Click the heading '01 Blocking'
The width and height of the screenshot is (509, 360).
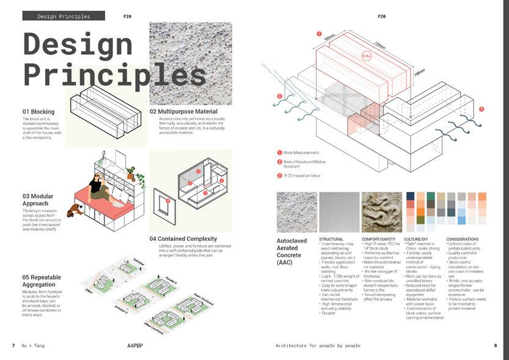(x=38, y=112)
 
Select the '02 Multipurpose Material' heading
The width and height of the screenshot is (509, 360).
(x=183, y=112)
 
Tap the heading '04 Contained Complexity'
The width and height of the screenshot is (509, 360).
(x=183, y=238)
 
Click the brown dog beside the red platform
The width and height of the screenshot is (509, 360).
(x=76, y=210)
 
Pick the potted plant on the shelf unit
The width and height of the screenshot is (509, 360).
(x=130, y=172)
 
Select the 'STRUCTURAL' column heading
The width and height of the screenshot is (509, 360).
(x=331, y=239)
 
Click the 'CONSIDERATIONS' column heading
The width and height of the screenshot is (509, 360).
(x=463, y=239)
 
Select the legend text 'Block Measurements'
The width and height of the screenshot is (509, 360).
(x=301, y=152)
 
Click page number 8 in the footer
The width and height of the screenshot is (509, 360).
(x=495, y=346)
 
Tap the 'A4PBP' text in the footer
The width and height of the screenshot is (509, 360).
(x=136, y=346)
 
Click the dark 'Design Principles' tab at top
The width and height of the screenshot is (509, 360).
(x=64, y=17)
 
